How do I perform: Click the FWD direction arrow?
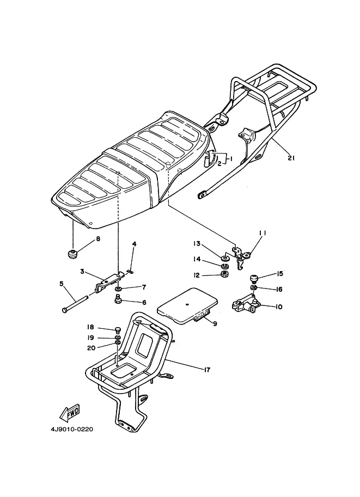tap(70, 413)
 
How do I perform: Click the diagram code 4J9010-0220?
tap(72, 429)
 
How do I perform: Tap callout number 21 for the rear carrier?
tap(291, 157)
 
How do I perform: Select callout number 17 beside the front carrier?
tap(207, 370)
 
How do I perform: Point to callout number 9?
tap(215, 323)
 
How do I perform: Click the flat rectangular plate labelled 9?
tap(188, 305)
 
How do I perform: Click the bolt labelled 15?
tap(253, 279)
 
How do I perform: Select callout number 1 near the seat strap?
tap(230, 158)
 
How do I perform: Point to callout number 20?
tap(91, 348)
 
